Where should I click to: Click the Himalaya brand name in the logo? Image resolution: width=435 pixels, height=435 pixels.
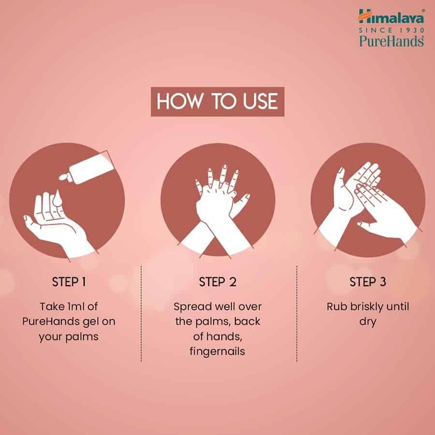click(391, 17)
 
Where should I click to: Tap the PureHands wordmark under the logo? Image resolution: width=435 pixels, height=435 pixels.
click(391, 41)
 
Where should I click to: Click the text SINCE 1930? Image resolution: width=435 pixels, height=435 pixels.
click(391, 30)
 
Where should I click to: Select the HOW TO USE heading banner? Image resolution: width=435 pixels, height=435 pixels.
click(217, 101)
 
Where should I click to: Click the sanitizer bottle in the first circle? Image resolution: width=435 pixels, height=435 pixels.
click(87, 168)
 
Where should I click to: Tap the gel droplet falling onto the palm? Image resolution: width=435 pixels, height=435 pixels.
click(58, 198)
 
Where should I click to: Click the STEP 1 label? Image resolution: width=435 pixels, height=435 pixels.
click(69, 282)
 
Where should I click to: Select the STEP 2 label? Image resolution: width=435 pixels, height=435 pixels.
click(217, 282)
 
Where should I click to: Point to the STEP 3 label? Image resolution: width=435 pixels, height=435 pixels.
click(368, 282)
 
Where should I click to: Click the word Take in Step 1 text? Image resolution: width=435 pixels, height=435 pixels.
click(52, 306)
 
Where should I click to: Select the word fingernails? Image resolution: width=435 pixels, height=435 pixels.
click(217, 351)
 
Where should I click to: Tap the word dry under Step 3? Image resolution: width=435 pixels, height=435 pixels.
click(368, 322)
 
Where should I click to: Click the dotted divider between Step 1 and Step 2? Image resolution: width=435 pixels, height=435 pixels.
click(141, 314)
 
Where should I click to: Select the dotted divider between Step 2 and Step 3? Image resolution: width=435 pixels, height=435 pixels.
click(297, 314)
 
